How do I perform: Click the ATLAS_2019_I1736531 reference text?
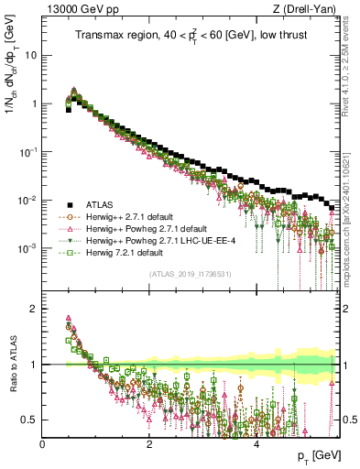point(191,274)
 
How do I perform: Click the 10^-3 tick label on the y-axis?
point(27,249)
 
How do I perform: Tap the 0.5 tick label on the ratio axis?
point(30,420)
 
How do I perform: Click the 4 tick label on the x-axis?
point(256,443)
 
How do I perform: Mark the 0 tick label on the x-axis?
point(43,443)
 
